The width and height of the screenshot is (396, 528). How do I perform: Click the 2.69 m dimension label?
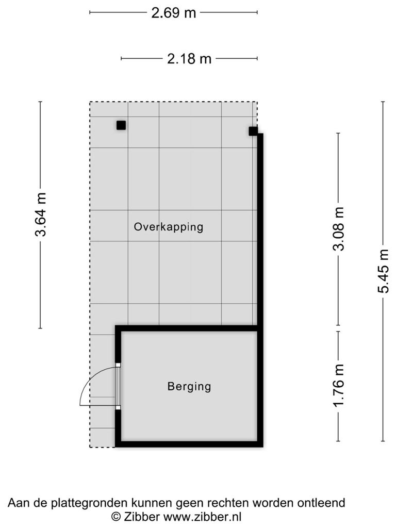coord(173,13)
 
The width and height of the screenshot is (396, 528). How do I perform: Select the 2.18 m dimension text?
coord(189,59)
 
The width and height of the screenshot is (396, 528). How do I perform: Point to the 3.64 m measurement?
coord(41,214)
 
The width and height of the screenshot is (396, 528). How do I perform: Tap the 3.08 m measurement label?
coord(338,228)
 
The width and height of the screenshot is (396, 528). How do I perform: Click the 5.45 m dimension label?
coord(383,271)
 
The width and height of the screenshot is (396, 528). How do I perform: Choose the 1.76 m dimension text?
coord(338,385)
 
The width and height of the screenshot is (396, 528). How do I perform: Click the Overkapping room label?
coord(169,227)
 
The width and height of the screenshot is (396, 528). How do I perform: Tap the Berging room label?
coord(189,386)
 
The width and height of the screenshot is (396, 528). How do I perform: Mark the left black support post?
coord(121,125)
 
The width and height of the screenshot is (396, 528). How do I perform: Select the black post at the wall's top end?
coord(253,131)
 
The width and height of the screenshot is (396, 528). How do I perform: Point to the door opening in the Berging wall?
coord(118,386)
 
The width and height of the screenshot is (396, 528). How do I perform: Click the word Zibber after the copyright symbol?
coord(141,516)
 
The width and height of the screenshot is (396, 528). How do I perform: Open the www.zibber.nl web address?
coord(202,516)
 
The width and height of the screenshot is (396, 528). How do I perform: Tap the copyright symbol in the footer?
coord(116,516)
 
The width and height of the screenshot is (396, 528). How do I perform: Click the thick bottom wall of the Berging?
coord(189,444)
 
